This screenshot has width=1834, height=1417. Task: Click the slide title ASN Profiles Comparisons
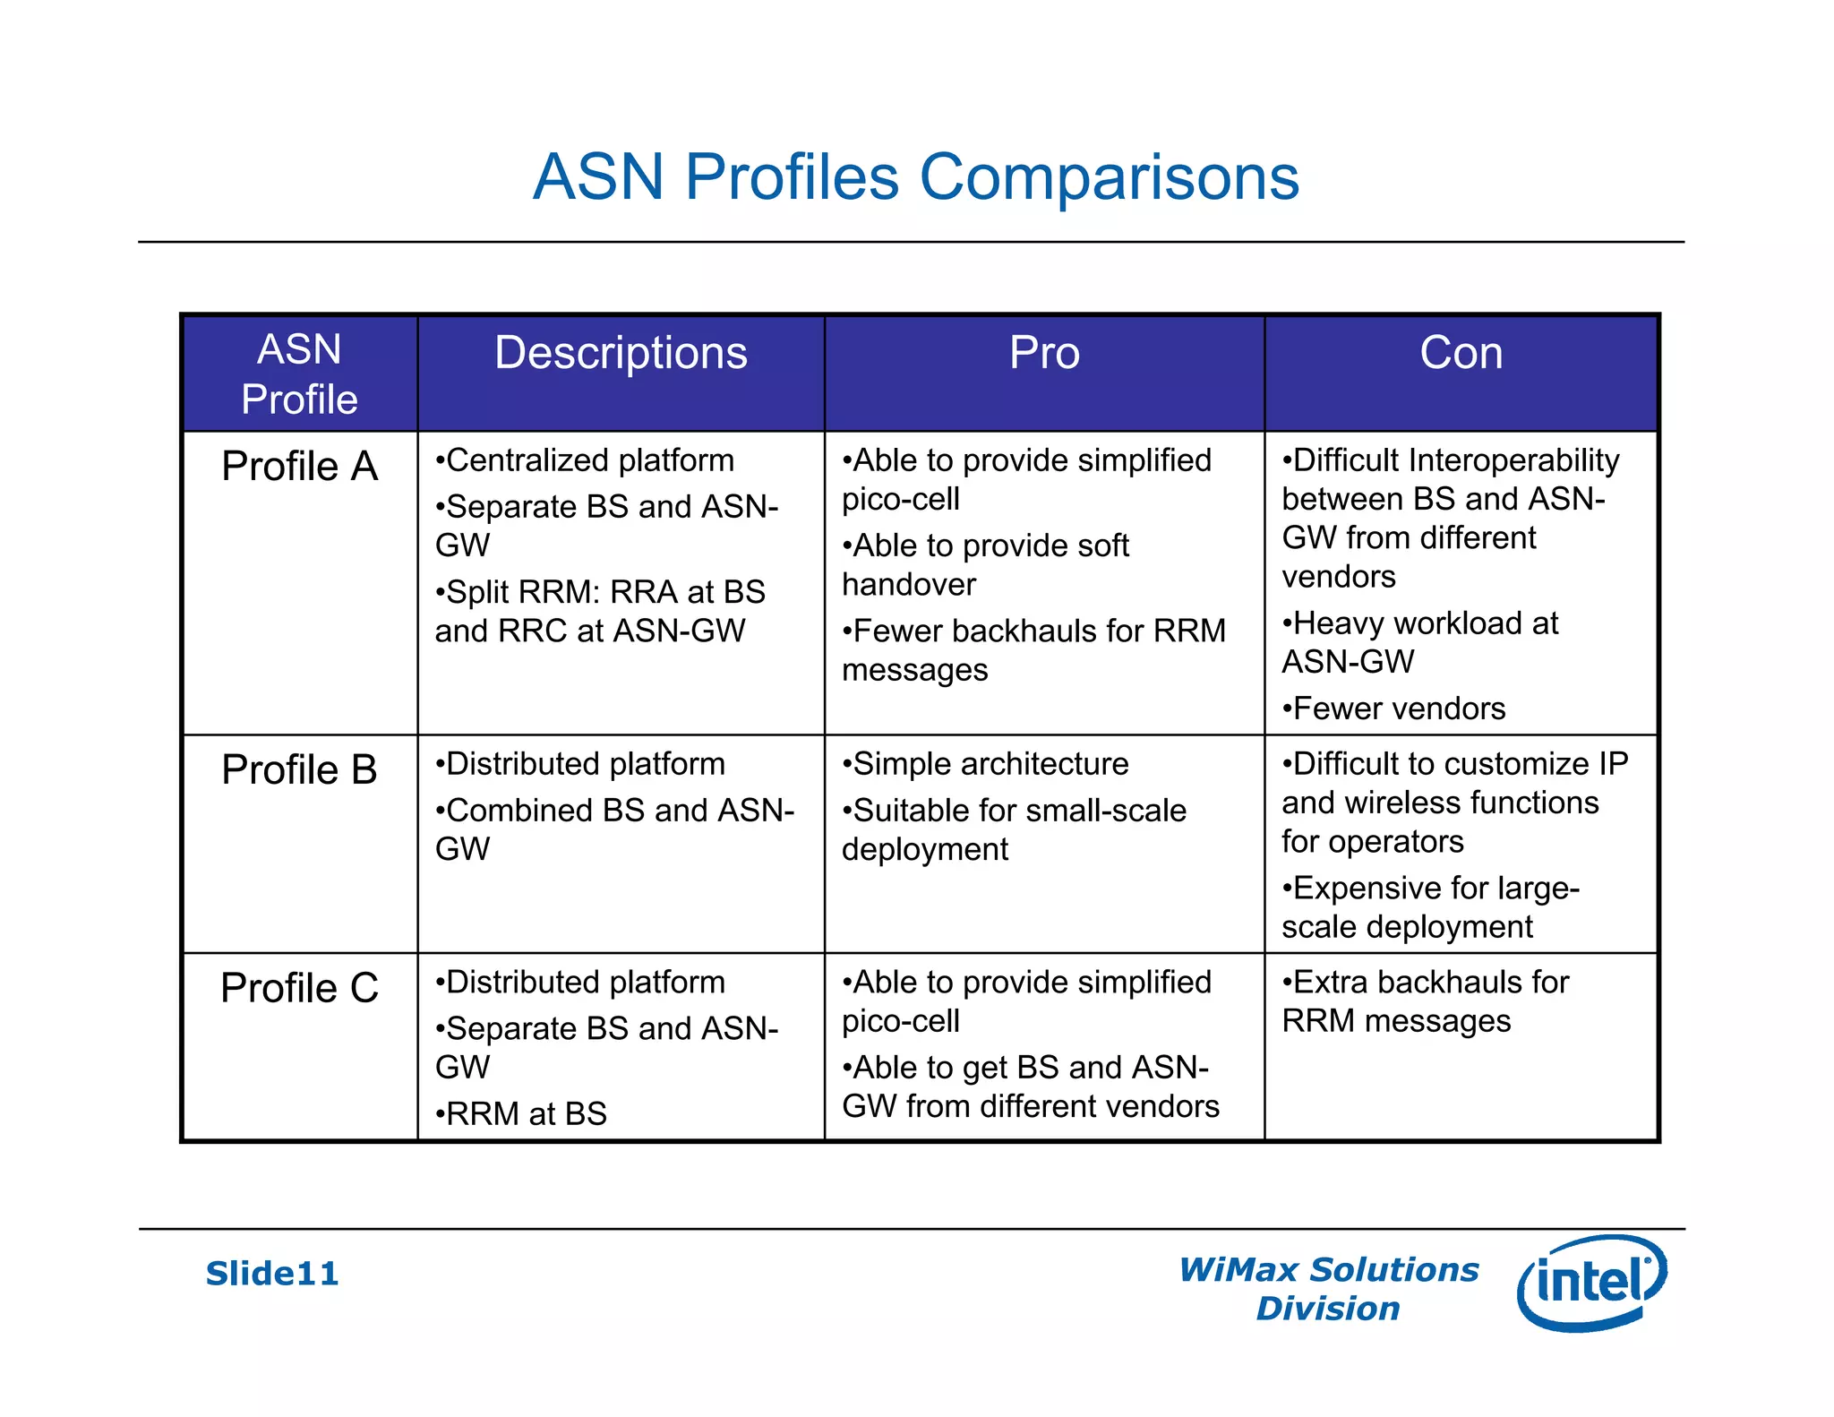tap(915, 176)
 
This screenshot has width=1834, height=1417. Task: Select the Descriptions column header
tap(621, 353)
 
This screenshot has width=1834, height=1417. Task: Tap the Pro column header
tap(1044, 353)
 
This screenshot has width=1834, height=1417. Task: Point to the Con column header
tap(1461, 353)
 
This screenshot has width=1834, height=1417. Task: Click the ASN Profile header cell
tap(299, 374)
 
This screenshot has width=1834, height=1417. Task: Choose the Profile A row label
tap(299, 467)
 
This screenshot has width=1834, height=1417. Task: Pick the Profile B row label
tap(299, 770)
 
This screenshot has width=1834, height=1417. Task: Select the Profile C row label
tap(299, 988)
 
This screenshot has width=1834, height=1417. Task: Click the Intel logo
tap(1591, 1282)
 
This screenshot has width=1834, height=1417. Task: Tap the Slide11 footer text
tap(272, 1274)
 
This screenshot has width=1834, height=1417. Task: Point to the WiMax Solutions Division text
tap(1328, 1289)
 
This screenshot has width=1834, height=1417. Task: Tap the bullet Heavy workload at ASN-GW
tap(1422, 642)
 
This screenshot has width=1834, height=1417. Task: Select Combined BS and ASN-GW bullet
tap(614, 829)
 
